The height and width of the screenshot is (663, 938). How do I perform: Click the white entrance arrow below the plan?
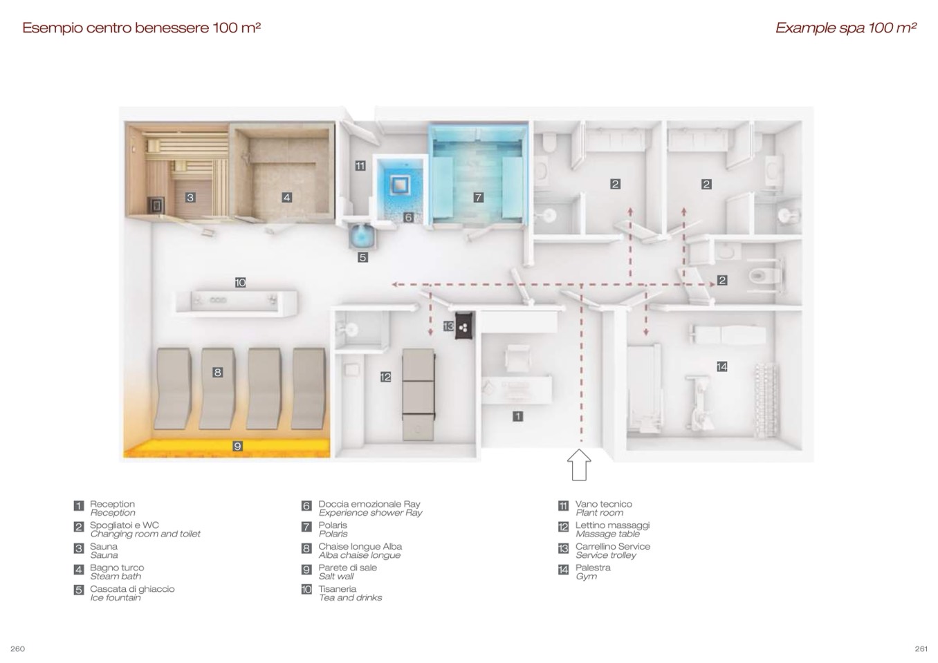579,465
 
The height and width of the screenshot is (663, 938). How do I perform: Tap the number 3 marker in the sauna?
190,198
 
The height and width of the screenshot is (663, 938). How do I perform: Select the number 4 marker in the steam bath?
286,198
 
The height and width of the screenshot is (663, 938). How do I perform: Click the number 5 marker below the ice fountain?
362,257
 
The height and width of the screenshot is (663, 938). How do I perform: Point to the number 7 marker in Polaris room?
478,198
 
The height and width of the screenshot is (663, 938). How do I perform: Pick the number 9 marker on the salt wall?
237,446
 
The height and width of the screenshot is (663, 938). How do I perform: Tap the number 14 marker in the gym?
722,367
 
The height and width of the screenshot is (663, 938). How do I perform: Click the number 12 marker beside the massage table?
386,377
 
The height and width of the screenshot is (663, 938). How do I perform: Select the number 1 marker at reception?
518,416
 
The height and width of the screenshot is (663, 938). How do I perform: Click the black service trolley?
463,325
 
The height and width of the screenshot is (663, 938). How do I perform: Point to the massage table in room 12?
419,395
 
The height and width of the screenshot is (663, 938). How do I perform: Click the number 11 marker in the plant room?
360,166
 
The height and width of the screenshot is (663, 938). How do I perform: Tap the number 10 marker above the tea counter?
240,283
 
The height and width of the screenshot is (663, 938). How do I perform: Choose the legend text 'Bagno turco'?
117,568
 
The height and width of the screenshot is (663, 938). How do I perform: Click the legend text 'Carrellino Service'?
613,547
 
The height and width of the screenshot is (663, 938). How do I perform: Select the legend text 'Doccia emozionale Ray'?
369,505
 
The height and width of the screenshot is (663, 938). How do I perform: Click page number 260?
17,649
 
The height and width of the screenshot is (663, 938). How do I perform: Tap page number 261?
921,649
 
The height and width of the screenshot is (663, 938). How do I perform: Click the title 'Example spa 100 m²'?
846,28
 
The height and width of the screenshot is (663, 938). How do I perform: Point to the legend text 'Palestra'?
593,568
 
